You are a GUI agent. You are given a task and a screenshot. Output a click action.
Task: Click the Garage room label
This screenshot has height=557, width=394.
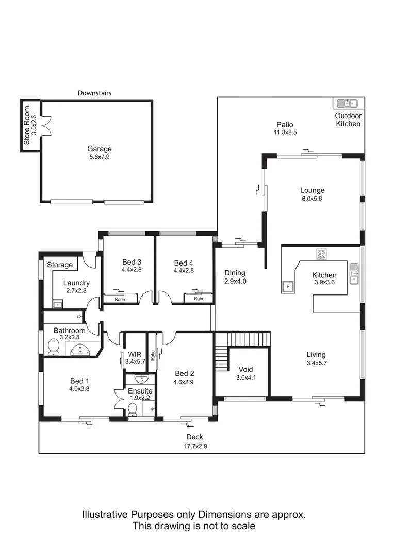100,149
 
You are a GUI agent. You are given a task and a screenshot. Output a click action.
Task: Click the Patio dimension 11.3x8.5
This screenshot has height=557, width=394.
285,132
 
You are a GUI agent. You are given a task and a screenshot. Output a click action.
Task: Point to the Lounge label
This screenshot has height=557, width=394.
312,190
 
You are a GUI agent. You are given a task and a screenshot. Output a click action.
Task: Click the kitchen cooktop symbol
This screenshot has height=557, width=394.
322,254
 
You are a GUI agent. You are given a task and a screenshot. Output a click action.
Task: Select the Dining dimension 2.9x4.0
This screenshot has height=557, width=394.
235,281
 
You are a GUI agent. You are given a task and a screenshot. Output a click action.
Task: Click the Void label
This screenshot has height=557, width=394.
245,369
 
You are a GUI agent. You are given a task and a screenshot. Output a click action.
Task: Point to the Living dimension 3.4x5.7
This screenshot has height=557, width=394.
316,363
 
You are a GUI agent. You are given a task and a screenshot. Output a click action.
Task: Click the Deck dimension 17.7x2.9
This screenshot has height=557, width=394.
194,446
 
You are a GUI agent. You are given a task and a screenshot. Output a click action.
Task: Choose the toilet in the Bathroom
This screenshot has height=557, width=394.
53,348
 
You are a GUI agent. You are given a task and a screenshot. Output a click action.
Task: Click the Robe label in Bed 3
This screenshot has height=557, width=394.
120,299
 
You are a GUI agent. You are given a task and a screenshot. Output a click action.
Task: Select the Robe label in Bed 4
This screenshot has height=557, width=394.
199,299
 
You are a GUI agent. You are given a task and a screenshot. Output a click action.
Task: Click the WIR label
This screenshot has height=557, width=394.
135,354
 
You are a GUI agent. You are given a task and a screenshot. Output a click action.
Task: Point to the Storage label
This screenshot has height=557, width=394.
60,265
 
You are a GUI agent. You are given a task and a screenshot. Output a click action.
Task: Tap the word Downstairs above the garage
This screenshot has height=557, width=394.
94,93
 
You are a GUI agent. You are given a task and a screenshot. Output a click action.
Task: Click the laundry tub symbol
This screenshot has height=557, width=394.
58,305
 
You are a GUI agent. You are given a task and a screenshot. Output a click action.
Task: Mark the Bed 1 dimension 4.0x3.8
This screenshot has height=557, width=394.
80,389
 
